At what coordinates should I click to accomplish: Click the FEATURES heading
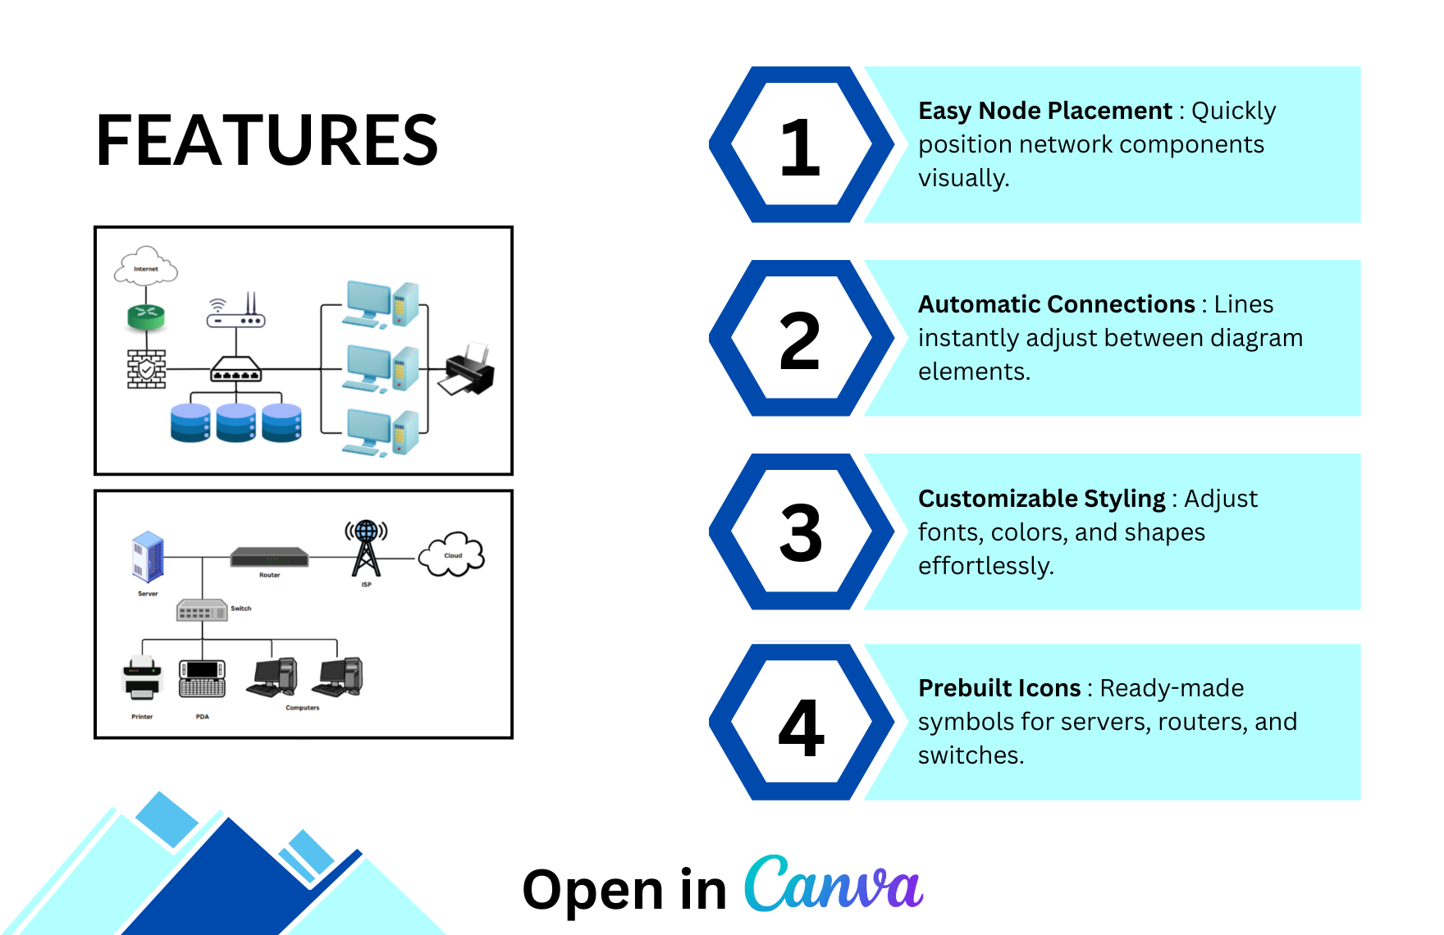coord(267,141)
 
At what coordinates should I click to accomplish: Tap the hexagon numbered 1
coord(801,145)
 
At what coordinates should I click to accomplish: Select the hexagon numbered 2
coord(801,339)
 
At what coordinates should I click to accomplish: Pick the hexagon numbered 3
coord(801,532)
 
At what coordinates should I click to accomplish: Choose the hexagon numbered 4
coord(801,723)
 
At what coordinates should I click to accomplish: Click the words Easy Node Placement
coord(1044,111)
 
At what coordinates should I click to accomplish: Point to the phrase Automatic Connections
coord(1056,304)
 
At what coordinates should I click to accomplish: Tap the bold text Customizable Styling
coord(1041,499)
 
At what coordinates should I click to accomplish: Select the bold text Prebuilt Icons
coord(998,688)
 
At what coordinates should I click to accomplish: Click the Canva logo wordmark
coord(834,884)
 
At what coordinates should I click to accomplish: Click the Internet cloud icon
coord(146,267)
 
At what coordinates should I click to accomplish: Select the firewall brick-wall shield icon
coord(146,369)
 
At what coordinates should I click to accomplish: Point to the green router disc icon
coord(146,316)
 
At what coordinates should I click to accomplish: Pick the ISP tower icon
coord(366,548)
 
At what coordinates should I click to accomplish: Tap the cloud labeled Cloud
coord(452,554)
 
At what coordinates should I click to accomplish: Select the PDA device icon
coord(202,678)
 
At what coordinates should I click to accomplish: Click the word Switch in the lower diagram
coord(241,609)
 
